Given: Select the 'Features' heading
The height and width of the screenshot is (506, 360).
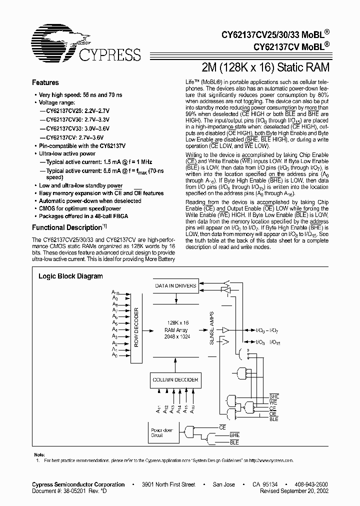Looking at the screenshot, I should click(45, 83).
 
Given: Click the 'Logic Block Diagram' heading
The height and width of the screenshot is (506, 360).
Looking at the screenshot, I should click(71, 276).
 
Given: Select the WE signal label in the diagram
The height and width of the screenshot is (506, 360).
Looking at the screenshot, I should click(273, 402).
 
